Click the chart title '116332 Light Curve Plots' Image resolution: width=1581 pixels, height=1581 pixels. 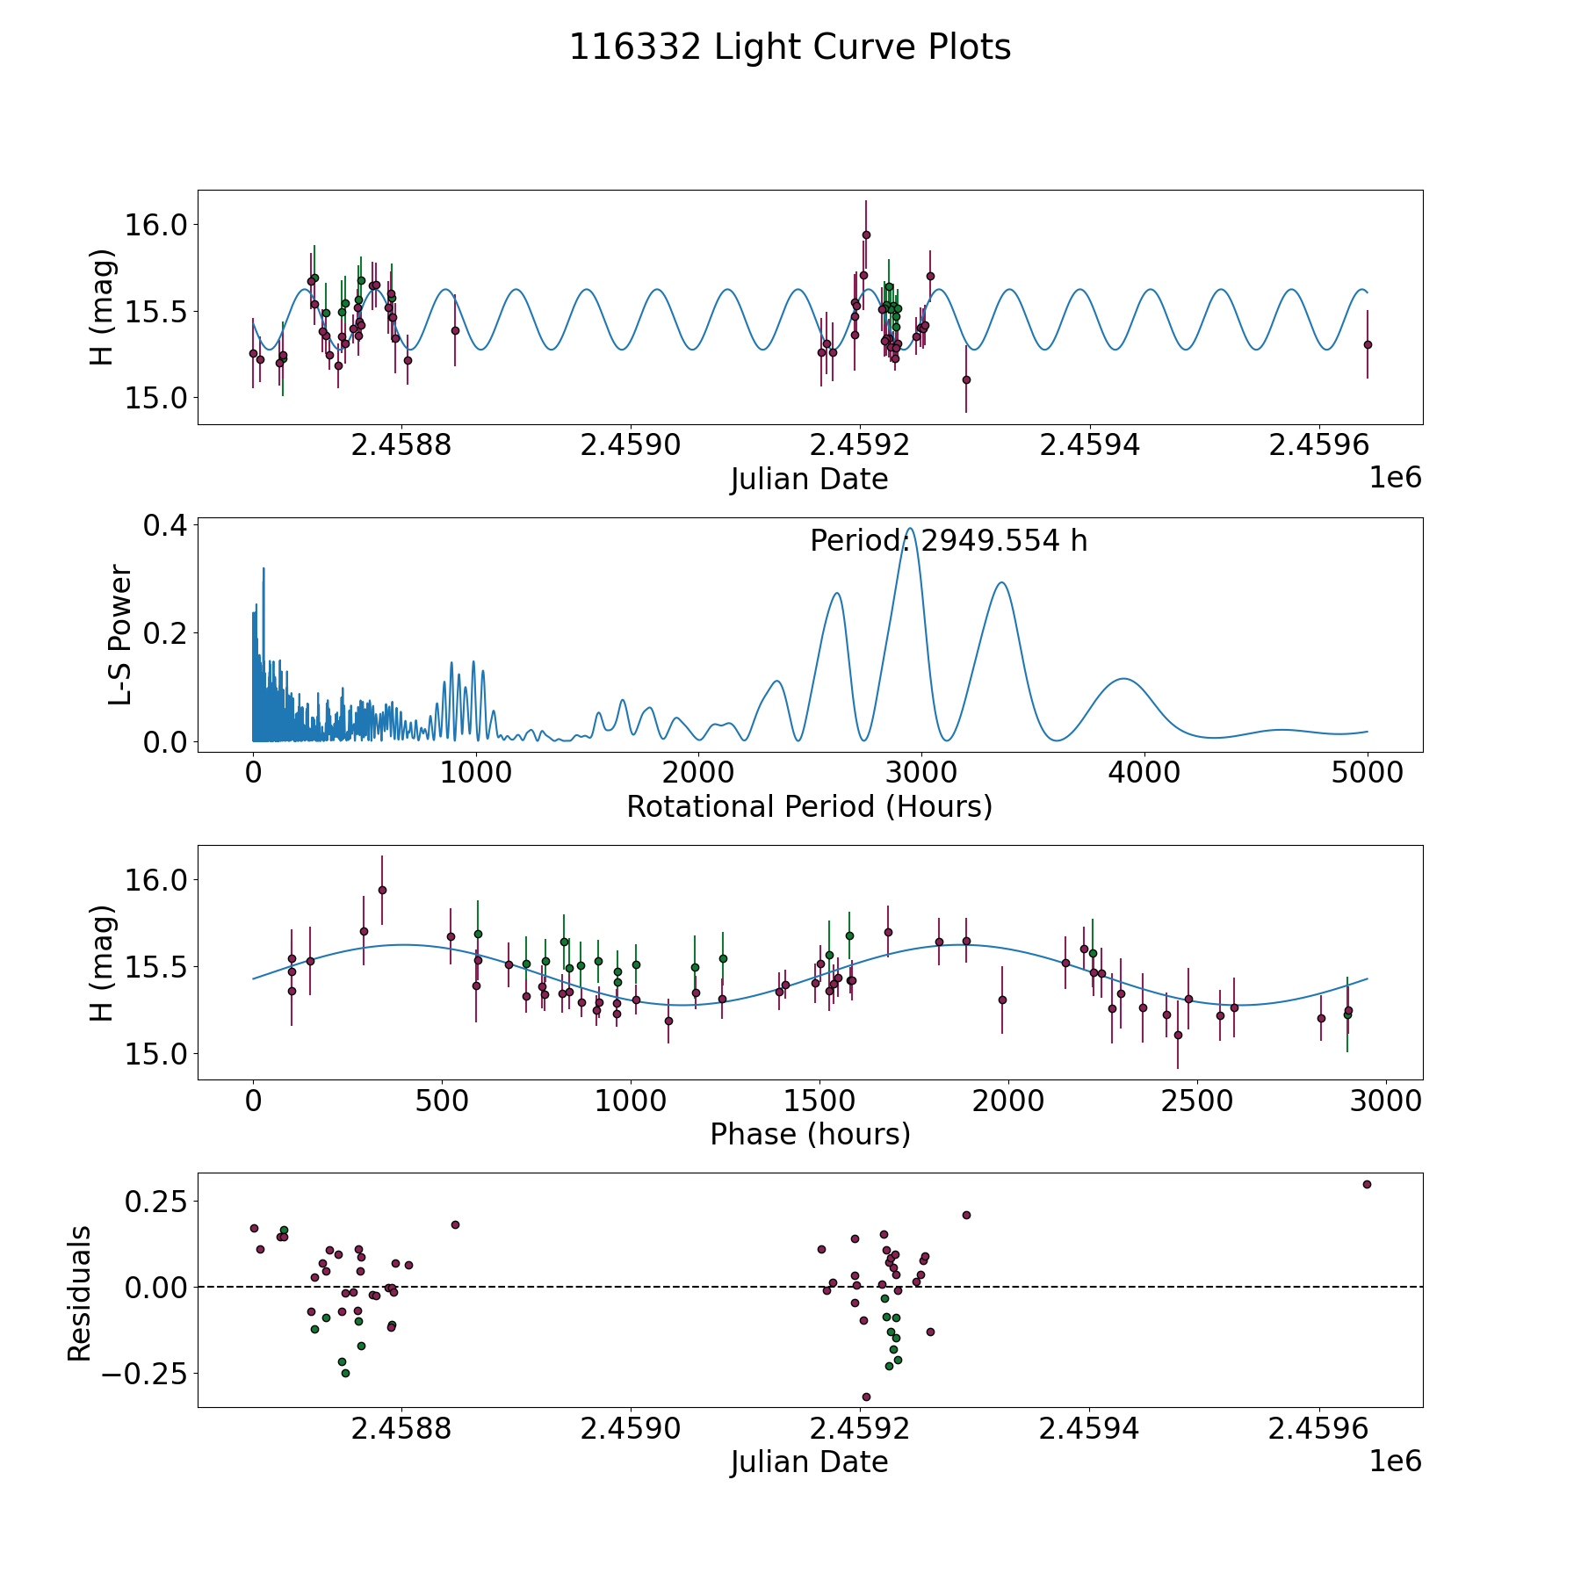point(790,47)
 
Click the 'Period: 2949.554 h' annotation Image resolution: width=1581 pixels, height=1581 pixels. point(949,541)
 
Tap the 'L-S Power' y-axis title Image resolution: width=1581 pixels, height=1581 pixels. point(120,634)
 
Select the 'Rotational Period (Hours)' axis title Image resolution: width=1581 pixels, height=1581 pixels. point(809,806)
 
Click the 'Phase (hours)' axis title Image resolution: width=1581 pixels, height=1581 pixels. point(810,1134)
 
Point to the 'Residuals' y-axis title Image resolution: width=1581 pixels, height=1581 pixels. point(80,1293)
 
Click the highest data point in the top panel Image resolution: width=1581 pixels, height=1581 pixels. point(866,235)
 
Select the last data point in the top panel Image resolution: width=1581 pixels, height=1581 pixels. point(1367,344)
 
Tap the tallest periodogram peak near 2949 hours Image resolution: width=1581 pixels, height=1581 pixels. point(912,529)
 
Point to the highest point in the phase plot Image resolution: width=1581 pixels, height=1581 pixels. point(382,890)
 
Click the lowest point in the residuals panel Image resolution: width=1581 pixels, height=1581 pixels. point(866,1397)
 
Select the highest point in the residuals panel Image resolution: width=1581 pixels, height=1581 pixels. point(1367,1184)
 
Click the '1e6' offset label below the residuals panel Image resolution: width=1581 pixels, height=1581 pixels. point(1395,1462)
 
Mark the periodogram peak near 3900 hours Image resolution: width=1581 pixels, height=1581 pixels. point(1123,679)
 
